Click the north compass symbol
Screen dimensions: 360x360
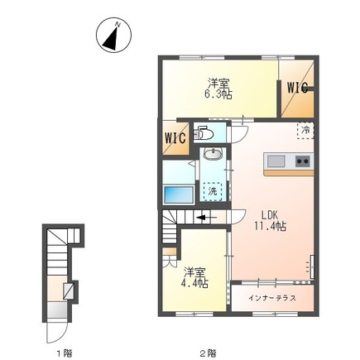click(113, 35)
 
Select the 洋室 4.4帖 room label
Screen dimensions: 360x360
click(195, 277)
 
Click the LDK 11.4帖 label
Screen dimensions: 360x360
click(270, 220)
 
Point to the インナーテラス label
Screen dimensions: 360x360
click(272, 298)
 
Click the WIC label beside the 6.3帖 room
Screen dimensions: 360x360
click(297, 88)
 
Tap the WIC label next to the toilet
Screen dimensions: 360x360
click(175, 137)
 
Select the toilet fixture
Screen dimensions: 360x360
click(204, 133)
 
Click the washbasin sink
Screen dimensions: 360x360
click(213, 153)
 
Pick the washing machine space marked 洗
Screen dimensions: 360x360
click(213, 191)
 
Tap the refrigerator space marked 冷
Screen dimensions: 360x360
click(305, 130)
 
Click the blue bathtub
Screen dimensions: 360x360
click(179, 195)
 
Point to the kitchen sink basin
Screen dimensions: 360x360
click(276, 161)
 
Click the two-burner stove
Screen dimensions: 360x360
click(303, 161)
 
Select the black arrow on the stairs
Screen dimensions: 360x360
click(206, 218)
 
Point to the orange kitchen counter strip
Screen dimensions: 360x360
click(289, 173)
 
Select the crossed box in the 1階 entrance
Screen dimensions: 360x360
click(68, 291)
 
